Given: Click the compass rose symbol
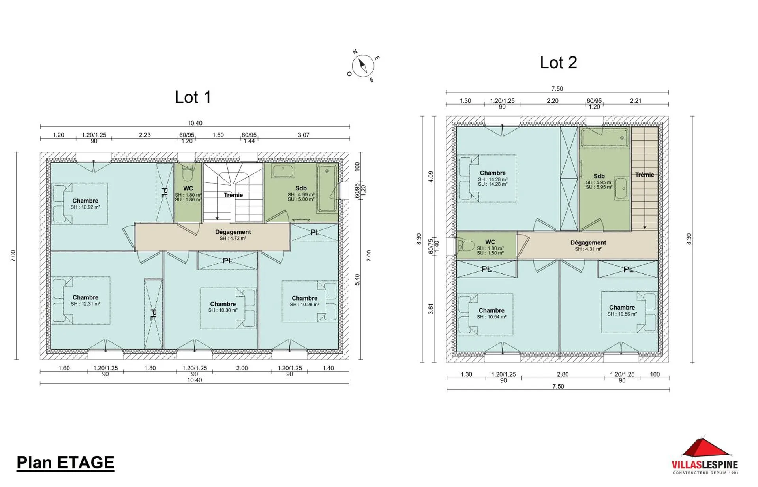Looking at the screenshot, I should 363,66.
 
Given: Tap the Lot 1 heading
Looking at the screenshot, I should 193,97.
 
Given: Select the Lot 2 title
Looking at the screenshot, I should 558,63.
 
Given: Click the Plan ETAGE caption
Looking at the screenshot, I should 66,463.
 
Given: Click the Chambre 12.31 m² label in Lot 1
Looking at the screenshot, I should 85,301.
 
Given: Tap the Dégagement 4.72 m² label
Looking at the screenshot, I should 233,235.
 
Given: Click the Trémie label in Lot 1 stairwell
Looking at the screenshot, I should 233,195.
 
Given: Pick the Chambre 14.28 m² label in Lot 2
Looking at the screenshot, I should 493,178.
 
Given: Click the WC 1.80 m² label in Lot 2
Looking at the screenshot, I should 490,247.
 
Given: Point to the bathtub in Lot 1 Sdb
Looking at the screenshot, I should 327,189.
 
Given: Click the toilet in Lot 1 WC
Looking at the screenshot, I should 188,173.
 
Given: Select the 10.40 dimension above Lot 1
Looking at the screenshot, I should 195,123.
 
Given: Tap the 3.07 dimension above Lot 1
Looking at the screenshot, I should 303,135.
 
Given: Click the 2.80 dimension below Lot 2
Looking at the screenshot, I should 563,374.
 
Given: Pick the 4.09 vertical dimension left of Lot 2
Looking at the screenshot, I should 431,177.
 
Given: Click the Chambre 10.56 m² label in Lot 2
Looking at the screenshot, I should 622,310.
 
